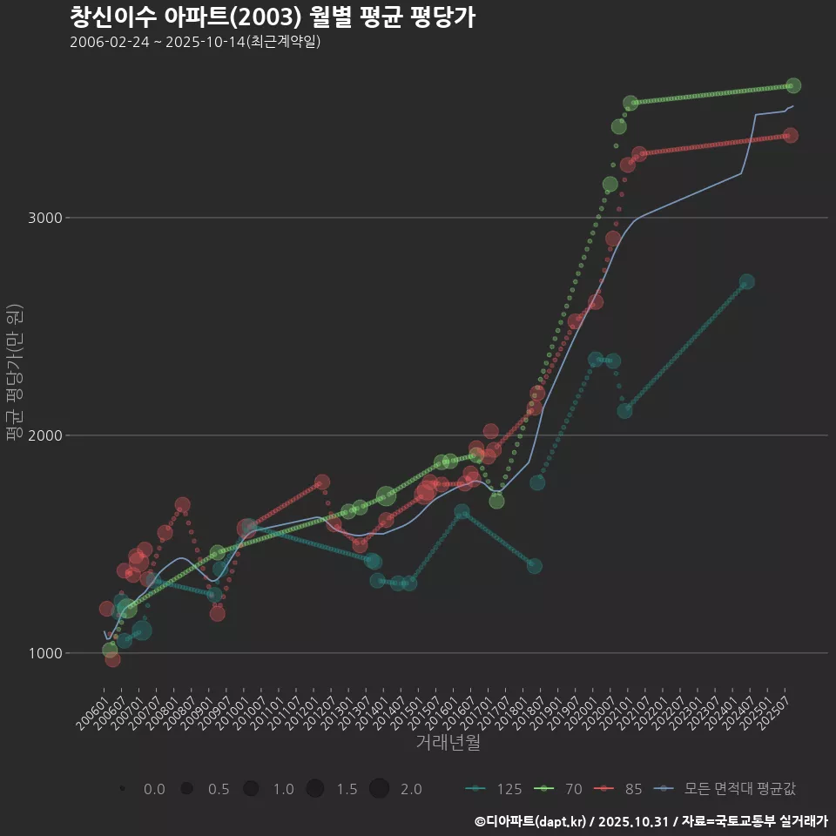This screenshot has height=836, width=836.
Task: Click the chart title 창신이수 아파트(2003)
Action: click(x=272, y=17)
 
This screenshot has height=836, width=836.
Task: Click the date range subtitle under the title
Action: click(x=195, y=42)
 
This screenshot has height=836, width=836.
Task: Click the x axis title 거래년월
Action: click(x=448, y=742)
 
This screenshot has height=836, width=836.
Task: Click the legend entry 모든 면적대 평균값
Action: click(x=728, y=789)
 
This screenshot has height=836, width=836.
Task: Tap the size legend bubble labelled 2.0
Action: click(x=379, y=789)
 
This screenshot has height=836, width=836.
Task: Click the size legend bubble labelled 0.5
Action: click(x=186, y=789)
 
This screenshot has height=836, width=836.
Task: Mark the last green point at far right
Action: click(x=793, y=85)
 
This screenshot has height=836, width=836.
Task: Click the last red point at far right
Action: click(x=790, y=135)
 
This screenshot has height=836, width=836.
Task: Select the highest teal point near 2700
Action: click(x=746, y=282)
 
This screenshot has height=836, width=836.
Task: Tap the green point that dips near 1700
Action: click(x=496, y=501)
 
